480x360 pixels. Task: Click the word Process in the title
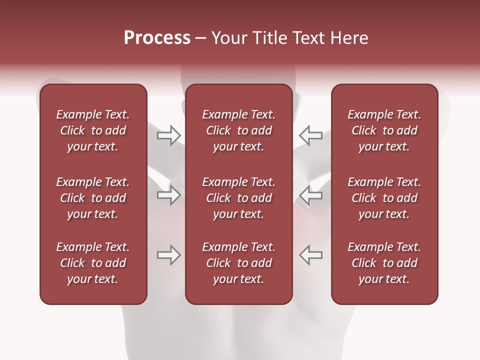pos(157,38)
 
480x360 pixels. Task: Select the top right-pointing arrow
pos(169,135)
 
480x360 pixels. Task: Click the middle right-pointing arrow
pos(169,195)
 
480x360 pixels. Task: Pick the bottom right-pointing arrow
pos(169,255)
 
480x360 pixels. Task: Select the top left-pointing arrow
pos(310,135)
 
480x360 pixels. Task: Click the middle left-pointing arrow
pos(310,195)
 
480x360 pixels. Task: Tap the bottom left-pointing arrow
pos(310,255)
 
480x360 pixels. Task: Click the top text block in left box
pos(93,130)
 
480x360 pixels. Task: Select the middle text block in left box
pos(93,198)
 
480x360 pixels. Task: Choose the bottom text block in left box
pos(93,263)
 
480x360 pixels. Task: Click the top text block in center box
pos(238,130)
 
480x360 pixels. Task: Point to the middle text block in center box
pos(238,198)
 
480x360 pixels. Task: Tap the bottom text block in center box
pos(238,263)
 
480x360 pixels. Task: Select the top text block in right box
pos(384,130)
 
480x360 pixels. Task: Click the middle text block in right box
pos(384,198)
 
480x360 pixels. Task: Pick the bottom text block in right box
pos(384,263)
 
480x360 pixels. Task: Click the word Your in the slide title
pos(225,38)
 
